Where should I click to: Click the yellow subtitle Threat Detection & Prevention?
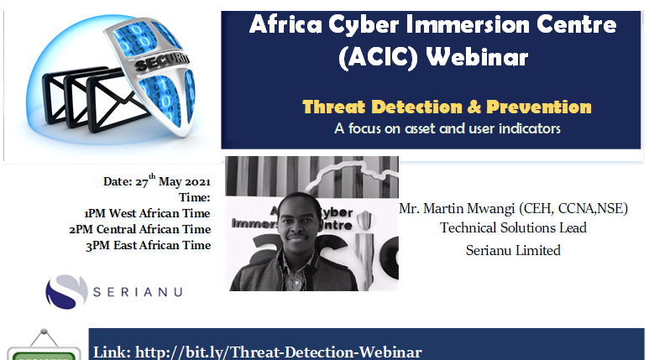447,107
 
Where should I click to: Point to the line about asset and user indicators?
447,129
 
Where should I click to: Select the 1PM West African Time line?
147,213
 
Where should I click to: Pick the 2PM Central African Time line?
140,229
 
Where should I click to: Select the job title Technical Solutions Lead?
513,228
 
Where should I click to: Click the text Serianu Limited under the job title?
513,249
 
